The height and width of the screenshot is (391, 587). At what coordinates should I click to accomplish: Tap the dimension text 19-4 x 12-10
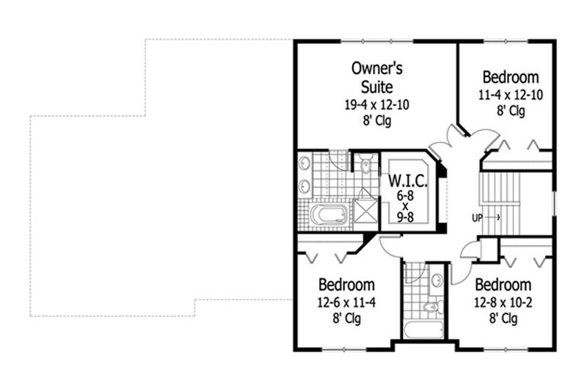click(377, 105)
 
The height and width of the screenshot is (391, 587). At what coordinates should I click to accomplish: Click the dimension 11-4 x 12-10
click(511, 95)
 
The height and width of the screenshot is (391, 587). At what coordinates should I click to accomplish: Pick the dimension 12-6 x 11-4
click(346, 302)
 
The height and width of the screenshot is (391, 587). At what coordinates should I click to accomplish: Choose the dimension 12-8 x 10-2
click(502, 302)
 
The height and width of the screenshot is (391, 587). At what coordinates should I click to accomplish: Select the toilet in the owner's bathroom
click(365, 164)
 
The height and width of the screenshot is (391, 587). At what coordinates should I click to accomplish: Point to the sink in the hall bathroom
click(436, 280)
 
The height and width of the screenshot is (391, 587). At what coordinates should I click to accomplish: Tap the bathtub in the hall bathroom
click(423, 329)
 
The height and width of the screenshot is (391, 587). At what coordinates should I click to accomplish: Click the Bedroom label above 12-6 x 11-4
click(346, 285)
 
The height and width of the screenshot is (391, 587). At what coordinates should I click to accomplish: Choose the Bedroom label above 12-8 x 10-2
click(502, 285)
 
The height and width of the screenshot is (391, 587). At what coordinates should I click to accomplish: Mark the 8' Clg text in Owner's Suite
click(377, 121)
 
